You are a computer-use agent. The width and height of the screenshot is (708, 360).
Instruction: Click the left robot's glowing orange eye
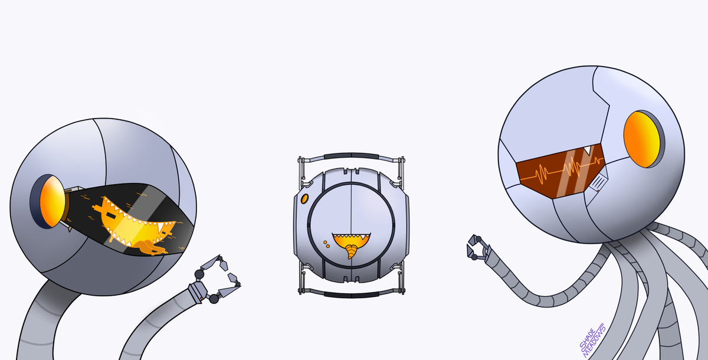tap(53, 202)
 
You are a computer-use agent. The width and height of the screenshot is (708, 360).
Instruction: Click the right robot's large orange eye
tap(642, 139)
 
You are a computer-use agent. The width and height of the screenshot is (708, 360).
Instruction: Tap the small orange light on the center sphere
tap(304, 199)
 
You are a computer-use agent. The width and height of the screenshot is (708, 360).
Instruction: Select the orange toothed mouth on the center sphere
tap(351, 240)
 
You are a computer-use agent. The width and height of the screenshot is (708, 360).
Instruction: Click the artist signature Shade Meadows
tap(592, 340)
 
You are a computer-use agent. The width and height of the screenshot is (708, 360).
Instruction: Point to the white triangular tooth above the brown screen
tap(588, 150)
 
